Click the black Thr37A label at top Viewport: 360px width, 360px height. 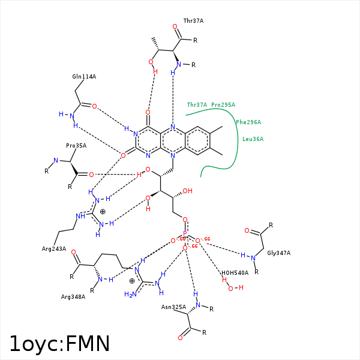click(193, 20)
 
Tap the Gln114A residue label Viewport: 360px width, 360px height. click(84, 77)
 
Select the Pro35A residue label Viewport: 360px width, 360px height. click(76, 145)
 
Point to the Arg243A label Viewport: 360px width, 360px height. click(54, 248)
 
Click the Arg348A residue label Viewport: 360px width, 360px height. click(73, 296)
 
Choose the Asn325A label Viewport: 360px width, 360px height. click(173, 307)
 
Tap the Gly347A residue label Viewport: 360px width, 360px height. click(279, 253)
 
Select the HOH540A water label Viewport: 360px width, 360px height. click(235, 272)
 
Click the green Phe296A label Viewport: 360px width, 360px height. click(248, 122)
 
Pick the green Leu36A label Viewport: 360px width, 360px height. click(253, 139)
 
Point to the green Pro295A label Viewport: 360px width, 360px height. click(223, 104)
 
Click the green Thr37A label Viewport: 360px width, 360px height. click(197, 104)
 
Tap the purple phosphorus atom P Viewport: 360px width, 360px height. click(185, 233)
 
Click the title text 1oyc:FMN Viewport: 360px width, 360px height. click(60, 344)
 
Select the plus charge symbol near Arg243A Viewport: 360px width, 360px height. click(103, 211)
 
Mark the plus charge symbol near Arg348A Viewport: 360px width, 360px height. click(132, 280)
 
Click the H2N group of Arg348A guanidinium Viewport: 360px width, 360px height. click(130, 294)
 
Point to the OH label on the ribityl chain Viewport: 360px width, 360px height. click(187, 191)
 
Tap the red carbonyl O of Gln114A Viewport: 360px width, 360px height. click(94, 106)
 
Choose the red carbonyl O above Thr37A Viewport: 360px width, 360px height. click(175, 27)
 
